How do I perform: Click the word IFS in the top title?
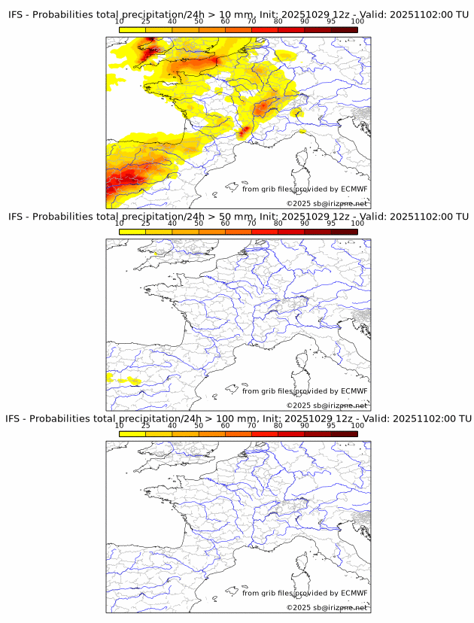(17, 15)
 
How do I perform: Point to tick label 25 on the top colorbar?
(146, 21)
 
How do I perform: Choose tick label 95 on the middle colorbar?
(331, 223)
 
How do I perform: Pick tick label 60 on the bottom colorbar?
(225, 425)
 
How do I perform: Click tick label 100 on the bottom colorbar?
(357, 425)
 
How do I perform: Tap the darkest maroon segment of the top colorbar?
(344, 29)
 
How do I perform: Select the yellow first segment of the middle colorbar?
(132, 232)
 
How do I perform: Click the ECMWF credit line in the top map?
(305, 189)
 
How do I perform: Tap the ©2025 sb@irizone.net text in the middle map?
(327, 406)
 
